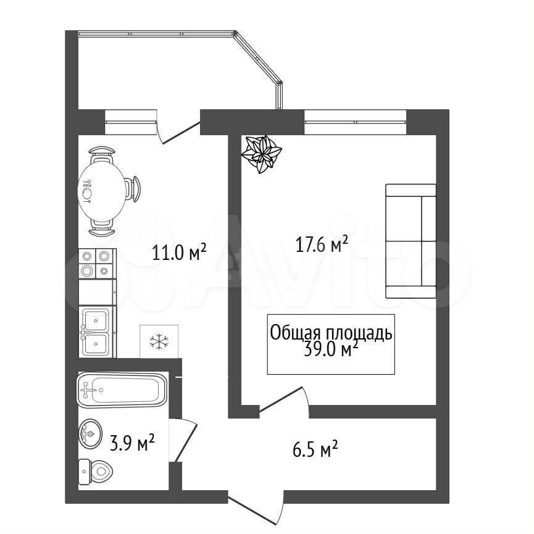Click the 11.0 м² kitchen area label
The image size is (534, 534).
(x=179, y=252)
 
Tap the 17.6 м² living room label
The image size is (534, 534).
(x=322, y=244)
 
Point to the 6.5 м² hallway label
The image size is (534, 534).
(x=315, y=449)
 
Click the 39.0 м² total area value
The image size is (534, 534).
(x=330, y=350)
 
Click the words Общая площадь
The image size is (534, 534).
(x=331, y=333)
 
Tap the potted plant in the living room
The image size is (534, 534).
(x=261, y=154)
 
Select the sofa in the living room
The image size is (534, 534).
(x=411, y=241)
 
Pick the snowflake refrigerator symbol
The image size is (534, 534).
(x=159, y=341)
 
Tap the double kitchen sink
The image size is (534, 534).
(x=98, y=332)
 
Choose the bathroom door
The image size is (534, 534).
(x=183, y=440)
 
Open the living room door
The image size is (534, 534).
(x=285, y=403)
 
